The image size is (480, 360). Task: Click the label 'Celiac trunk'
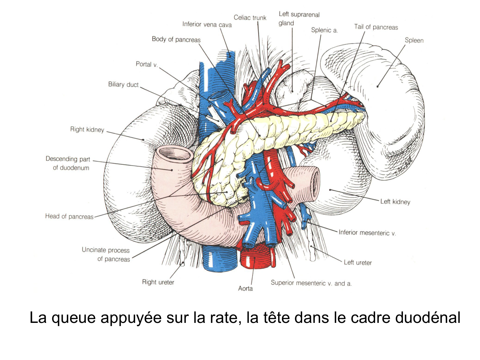(x=250, y=18)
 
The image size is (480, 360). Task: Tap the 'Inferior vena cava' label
(x=207, y=24)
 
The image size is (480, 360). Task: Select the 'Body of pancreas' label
(x=176, y=39)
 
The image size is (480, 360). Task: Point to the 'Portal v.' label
(x=147, y=64)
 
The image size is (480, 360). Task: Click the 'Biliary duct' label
(x=123, y=84)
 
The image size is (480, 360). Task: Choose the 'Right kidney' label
(x=87, y=129)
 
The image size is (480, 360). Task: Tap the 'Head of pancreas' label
(x=69, y=216)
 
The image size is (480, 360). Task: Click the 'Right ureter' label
(x=158, y=282)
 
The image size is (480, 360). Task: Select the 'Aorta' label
(x=245, y=288)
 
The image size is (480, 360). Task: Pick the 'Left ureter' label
(x=357, y=262)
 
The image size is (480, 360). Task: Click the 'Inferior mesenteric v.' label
(x=367, y=233)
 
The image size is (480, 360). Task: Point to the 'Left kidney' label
(x=395, y=202)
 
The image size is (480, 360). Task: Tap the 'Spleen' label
(x=414, y=40)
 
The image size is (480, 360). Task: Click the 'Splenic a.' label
(x=324, y=30)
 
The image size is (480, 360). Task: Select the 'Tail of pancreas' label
(x=376, y=27)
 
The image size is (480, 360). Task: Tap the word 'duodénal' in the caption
(x=428, y=318)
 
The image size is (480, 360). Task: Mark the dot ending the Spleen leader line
(x=378, y=86)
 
